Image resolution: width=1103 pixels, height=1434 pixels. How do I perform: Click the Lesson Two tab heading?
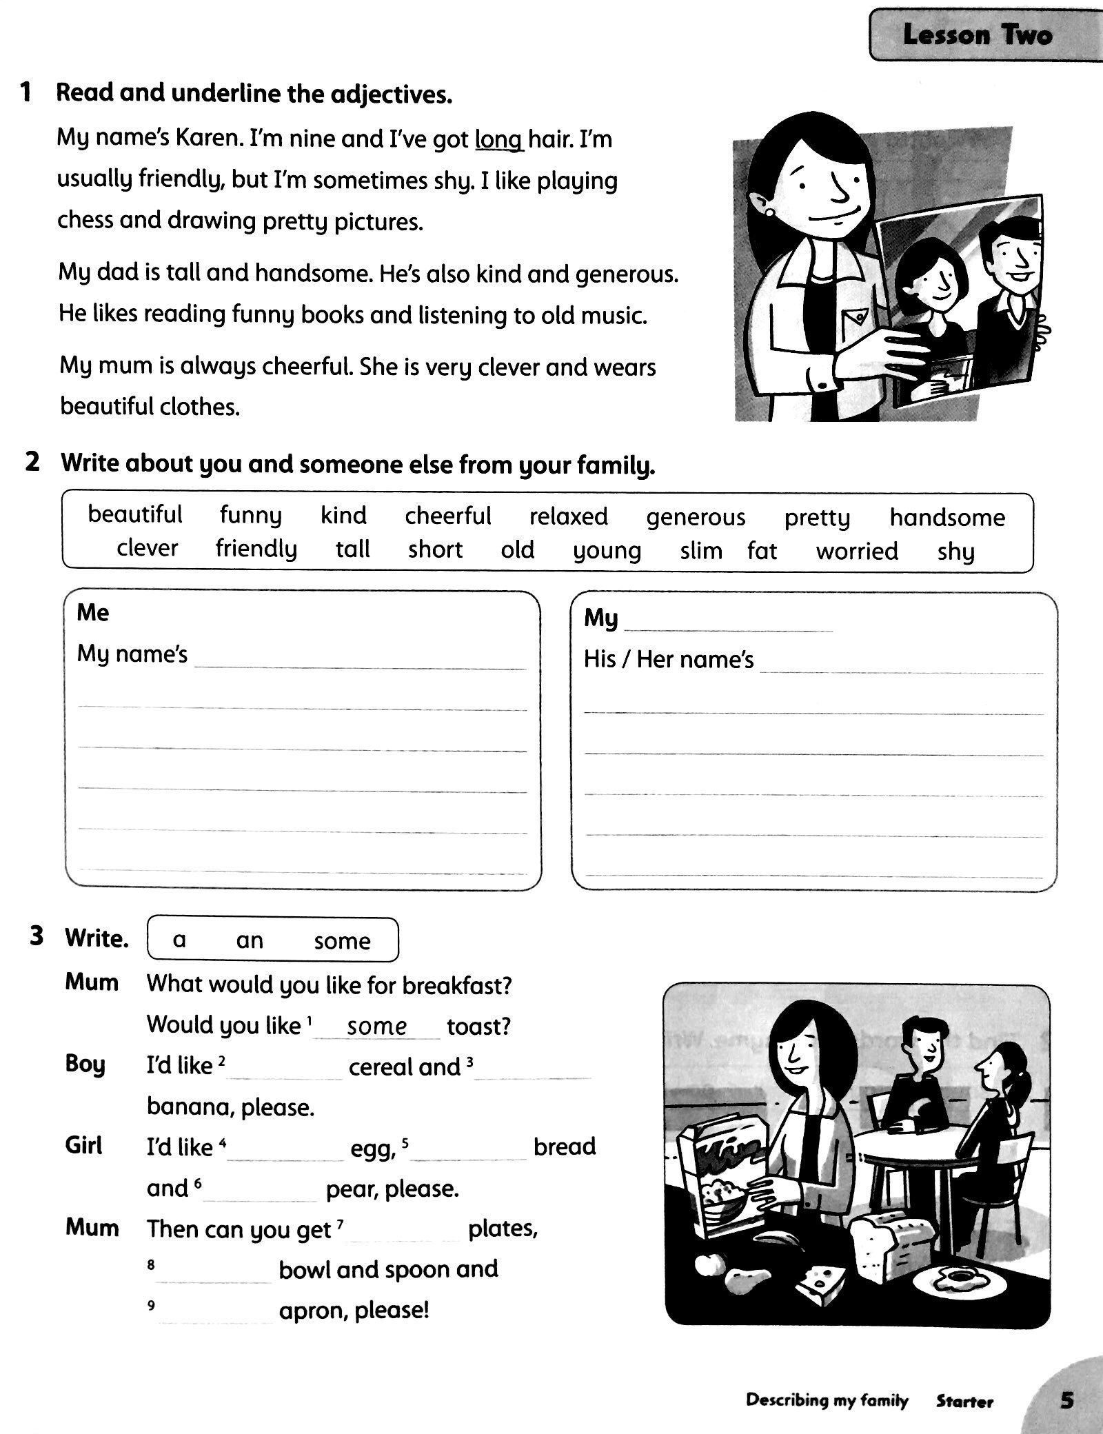pos(977,34)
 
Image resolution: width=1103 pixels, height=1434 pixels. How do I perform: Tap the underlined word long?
pos(499,140)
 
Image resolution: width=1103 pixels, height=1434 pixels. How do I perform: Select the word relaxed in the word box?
pos(568,516)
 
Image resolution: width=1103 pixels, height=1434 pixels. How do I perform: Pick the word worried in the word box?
pos(857,552)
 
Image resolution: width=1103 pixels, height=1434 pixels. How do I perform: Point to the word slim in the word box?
pos(700,552)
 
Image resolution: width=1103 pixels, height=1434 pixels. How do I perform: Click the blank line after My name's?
pos(360,660)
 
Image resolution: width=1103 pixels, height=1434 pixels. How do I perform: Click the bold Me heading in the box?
pos(93,613)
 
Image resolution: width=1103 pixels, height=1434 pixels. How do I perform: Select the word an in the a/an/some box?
pos(250,940)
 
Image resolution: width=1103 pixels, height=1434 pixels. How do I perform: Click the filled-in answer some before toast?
pos(377,1027)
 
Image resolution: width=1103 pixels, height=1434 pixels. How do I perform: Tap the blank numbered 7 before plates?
pos(405,1231)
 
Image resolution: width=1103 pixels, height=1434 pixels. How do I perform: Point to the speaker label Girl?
pos(84,1146)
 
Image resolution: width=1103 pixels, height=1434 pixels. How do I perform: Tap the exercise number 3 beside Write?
pos(37,937)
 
